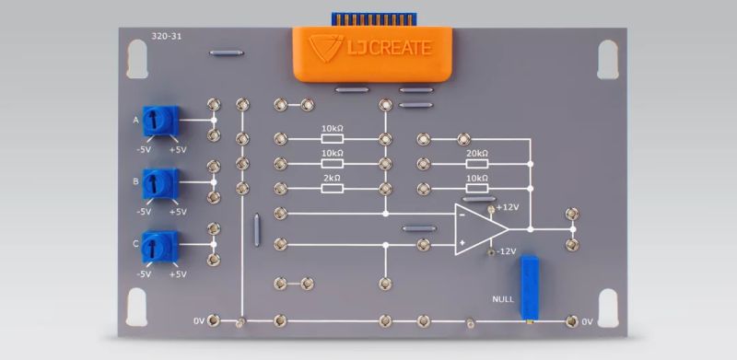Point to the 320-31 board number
click(x=166, y=37)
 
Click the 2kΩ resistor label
click(x=331, y=178)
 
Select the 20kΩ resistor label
click(x=476, y=154)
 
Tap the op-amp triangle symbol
click(x=474, y=229)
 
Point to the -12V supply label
click(x=507, y=251)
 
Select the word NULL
click(x=503, y=298)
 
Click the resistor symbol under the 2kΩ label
click(x=331, y=189)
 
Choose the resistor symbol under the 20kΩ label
click(x=476, y=164)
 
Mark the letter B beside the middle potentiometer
click(x=136, y=182)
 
